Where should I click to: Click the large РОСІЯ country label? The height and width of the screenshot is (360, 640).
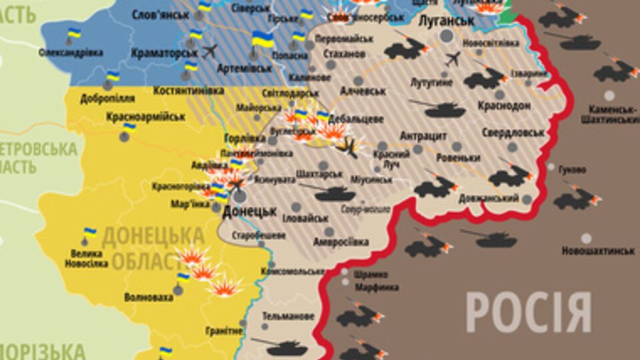point(528,312)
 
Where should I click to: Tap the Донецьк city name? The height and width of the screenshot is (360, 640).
point(249,211)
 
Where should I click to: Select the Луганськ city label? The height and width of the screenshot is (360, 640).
point(446,21)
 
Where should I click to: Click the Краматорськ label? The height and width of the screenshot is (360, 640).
point(165,52)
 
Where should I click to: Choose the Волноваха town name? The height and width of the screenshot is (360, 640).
point(149,297)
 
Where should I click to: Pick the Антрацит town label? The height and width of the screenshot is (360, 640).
point(423,136)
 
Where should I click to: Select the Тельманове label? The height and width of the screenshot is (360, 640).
point(288,315)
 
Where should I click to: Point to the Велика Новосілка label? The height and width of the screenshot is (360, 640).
point(87,259)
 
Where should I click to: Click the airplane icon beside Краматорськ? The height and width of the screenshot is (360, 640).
point(209,51)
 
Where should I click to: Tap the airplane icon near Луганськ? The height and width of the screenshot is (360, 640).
point(453,59)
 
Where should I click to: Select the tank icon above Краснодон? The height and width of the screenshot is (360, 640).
point(437,107)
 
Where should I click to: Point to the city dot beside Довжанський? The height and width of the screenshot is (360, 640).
point(527,199)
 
